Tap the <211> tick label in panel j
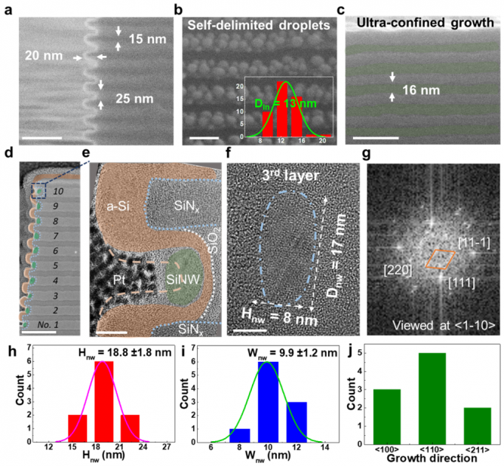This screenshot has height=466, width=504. [471, 446]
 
